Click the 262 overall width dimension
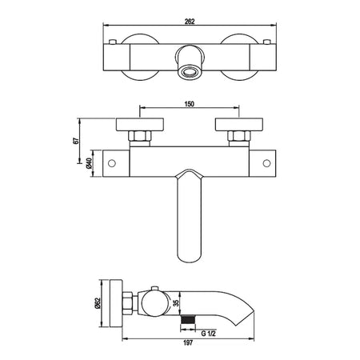[190, 22]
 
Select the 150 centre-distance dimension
[190, 104]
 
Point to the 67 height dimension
[75, 141]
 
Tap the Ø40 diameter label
[89, 163]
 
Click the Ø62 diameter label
[97, 303]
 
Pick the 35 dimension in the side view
[176, 303]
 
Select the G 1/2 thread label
[209, 333]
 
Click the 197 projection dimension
[188, 342]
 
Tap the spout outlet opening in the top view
[190, 72]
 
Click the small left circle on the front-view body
[112, 163]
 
